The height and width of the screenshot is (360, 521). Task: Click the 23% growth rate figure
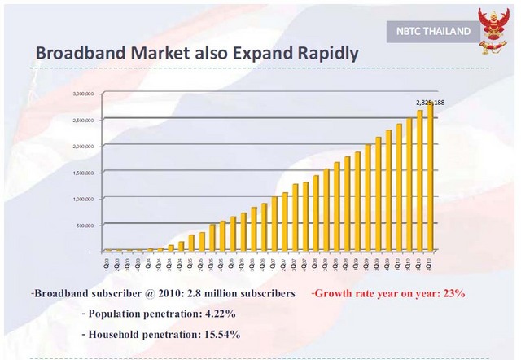tap(451, 293)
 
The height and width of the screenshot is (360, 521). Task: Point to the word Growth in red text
tap(335, 293)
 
